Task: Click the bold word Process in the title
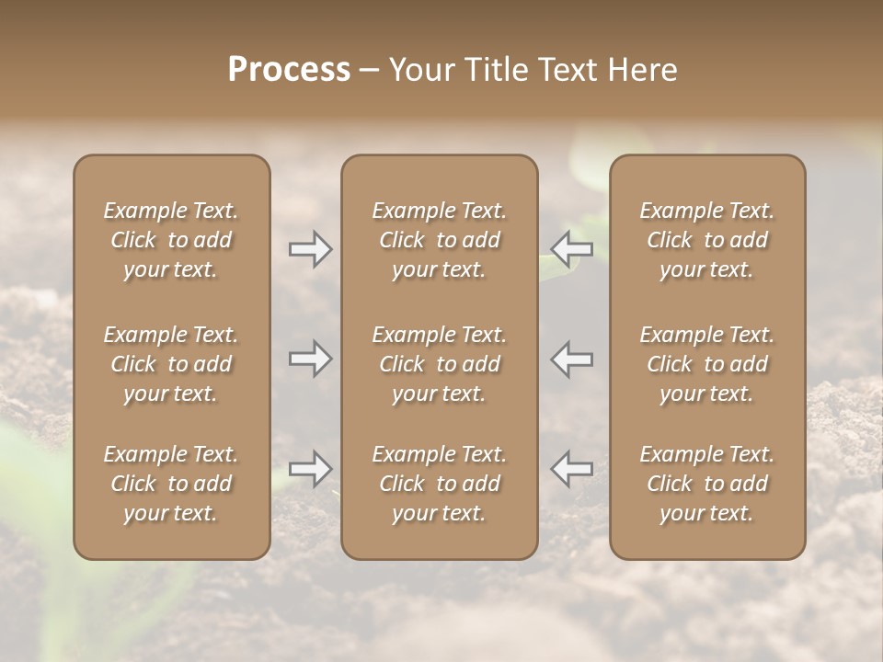[289, 70]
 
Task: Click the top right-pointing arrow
[310, 249]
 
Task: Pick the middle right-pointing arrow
[310, 359]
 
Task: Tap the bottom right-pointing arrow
[310, 469]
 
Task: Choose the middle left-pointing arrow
[571, 359]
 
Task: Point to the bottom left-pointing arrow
[571, 469]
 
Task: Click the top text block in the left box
[171, 240]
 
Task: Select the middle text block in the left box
[171, 364]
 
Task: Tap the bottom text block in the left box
[171, 484]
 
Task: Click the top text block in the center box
[439, 240]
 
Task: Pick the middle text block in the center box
[439, 364]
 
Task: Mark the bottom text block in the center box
[439, 484]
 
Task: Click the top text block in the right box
[706, 240]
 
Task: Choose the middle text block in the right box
[706, 364]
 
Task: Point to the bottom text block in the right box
[706, 484]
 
